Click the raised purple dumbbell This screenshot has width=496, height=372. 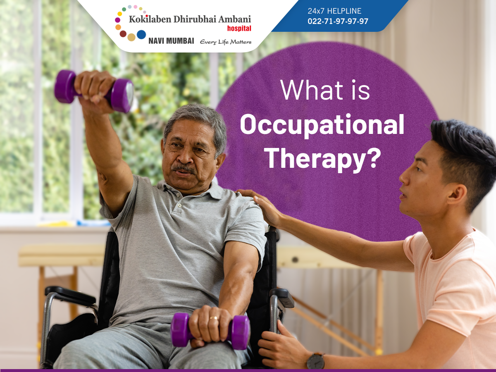coord(94,91)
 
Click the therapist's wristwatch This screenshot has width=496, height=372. coord(316,361)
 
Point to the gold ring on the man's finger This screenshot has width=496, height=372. coord(214,318)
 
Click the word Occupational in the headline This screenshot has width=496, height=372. coord(322,125)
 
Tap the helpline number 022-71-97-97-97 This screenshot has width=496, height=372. coord(338,21)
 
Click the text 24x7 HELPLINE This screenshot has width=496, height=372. coord(334,11)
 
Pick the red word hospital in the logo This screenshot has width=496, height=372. coord(239,28)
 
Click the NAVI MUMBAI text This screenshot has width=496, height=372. coord(171,41)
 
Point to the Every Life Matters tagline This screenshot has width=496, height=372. coord(226,42)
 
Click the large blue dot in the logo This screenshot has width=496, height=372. coord(141,34)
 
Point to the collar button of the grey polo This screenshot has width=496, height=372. coord(180,205)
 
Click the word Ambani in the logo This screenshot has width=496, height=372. coord(234,19)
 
